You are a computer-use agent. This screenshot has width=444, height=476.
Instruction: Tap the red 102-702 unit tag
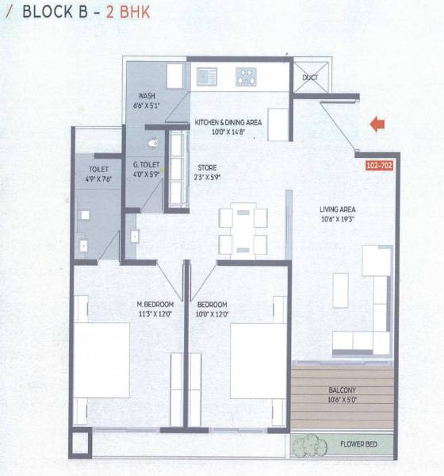[x=379, y=167]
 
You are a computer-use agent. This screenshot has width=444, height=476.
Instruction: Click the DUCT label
[x=310, y=78]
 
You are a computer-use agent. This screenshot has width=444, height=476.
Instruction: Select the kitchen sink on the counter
[x=208, y=77]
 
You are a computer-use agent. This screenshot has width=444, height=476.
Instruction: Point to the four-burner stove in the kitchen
[x=247, y=77]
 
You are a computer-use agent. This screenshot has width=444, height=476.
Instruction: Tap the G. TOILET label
[x=147, y=164]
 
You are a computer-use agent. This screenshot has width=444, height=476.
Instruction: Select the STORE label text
[x=207, y=169]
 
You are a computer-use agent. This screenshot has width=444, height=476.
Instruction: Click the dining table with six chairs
[x=243, y=228]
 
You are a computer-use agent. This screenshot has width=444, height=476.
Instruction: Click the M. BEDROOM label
[x=154, y=305]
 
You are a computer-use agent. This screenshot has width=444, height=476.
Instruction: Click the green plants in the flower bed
[x=304, y=445]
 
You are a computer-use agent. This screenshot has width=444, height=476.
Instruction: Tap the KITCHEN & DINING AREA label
[x=228, y=122]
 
